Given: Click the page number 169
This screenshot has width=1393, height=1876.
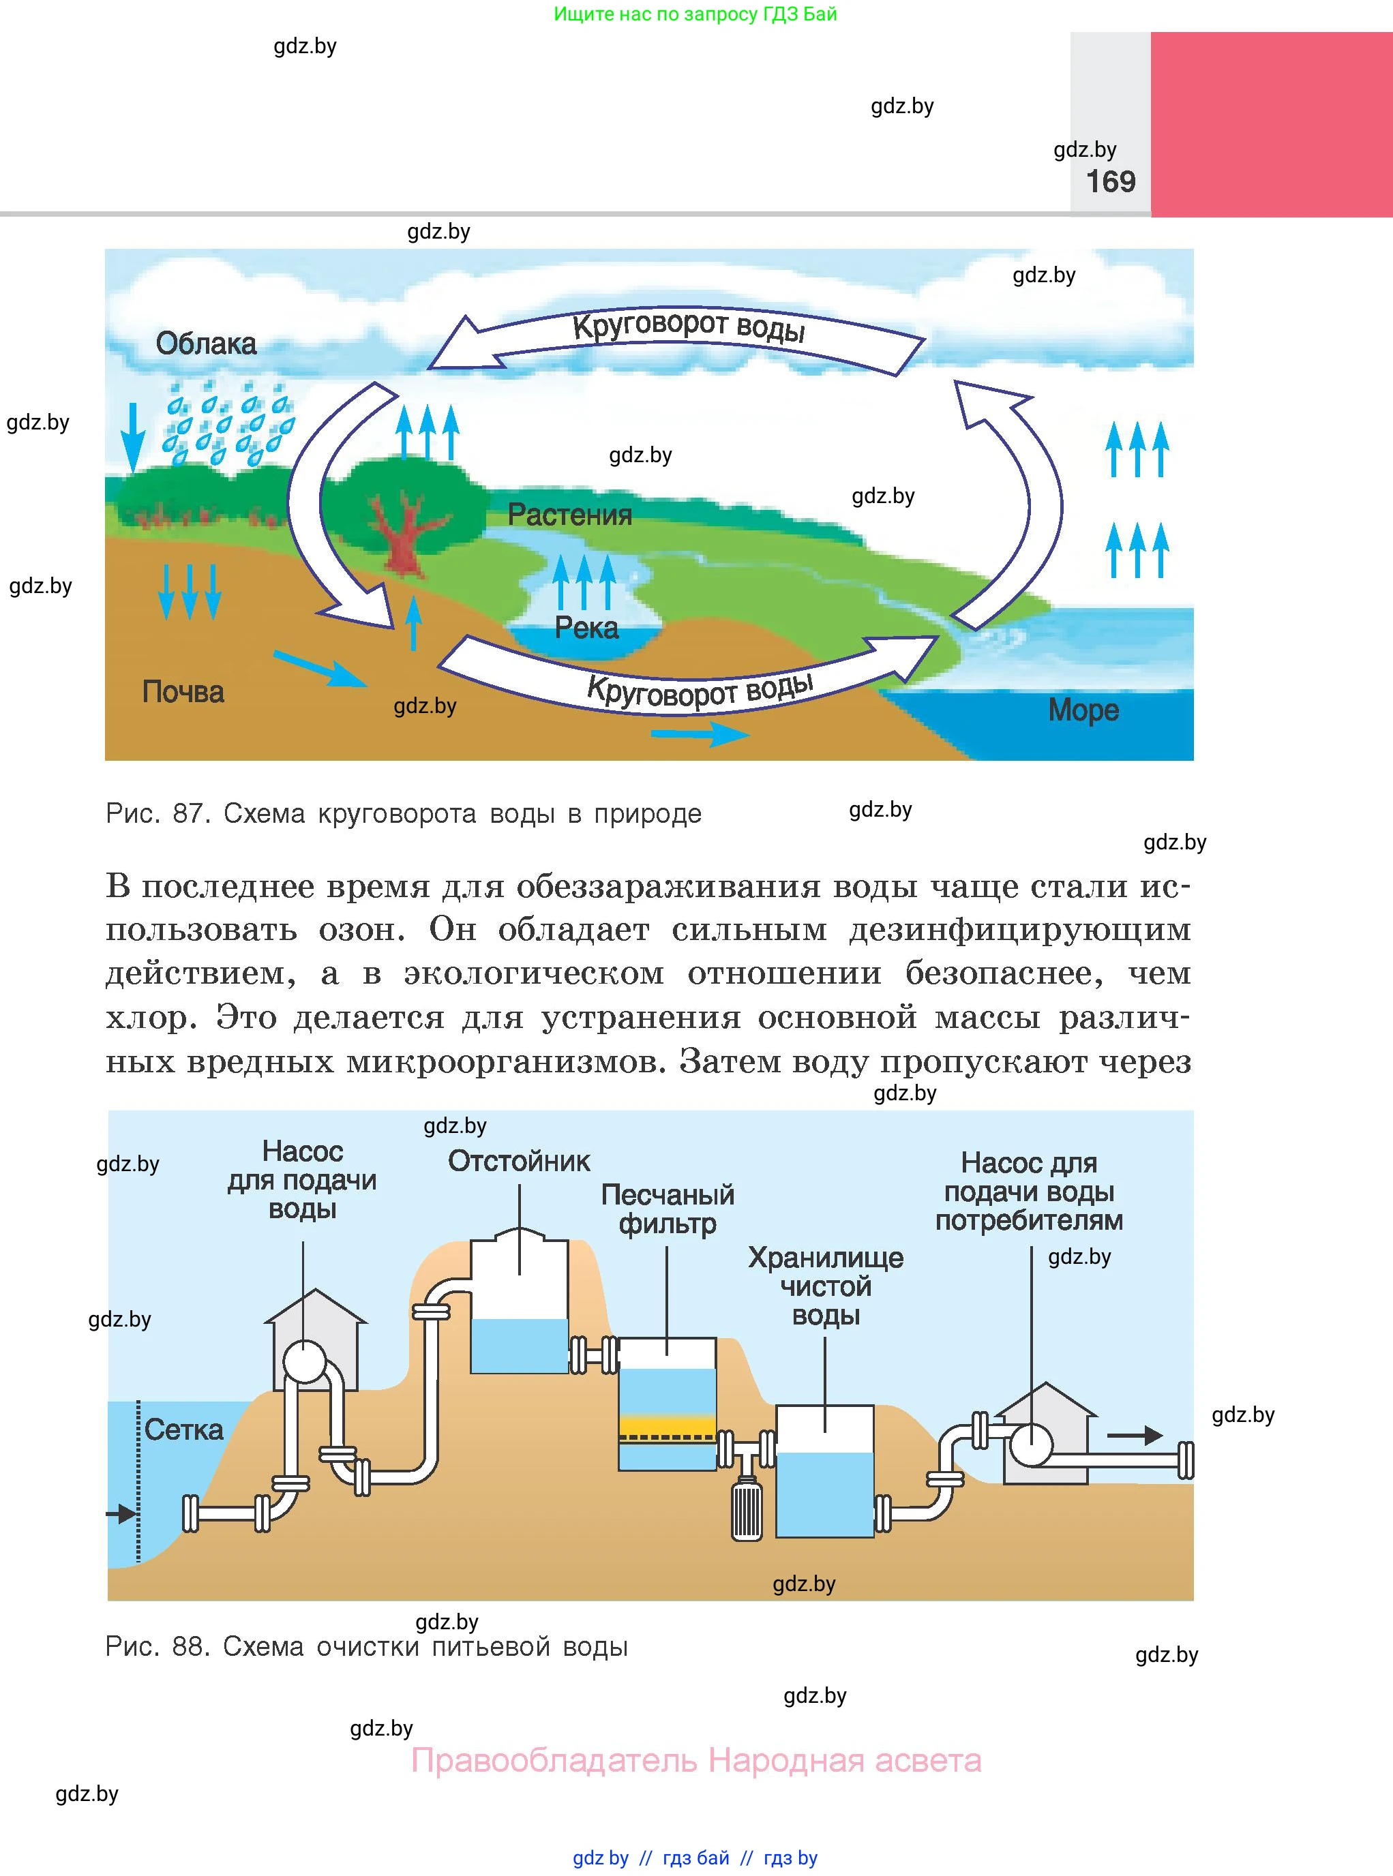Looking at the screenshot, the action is [1111, 181].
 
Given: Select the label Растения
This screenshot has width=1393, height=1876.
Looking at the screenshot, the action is [570, 514].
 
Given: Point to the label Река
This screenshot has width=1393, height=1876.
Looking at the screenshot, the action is [587, 627].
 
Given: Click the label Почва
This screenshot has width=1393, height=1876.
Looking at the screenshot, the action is [183, 691].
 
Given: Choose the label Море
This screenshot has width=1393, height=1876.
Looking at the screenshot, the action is [1083, 710].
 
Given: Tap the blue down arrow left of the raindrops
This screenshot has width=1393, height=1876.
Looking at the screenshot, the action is [132, 438].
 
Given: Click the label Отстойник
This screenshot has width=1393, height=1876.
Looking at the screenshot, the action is [520, 1161].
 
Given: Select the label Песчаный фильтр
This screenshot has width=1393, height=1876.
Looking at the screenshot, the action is [668, 1209].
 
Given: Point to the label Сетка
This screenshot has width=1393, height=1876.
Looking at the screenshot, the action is [184, 1429].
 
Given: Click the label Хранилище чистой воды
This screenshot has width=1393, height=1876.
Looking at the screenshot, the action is [826, 1286].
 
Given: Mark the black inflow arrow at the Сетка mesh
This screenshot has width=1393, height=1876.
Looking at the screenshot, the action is [121, 1513].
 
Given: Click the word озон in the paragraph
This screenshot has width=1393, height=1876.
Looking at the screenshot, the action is [360, 930].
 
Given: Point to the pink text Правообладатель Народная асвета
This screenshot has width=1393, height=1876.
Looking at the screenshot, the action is [697, 1761].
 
